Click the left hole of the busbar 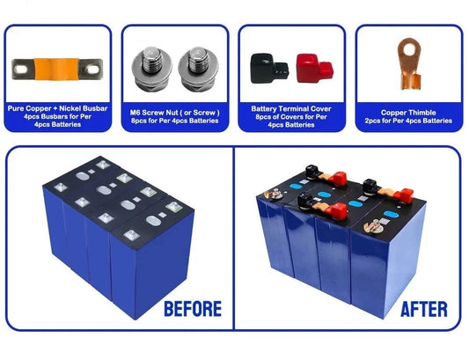[23, 67]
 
